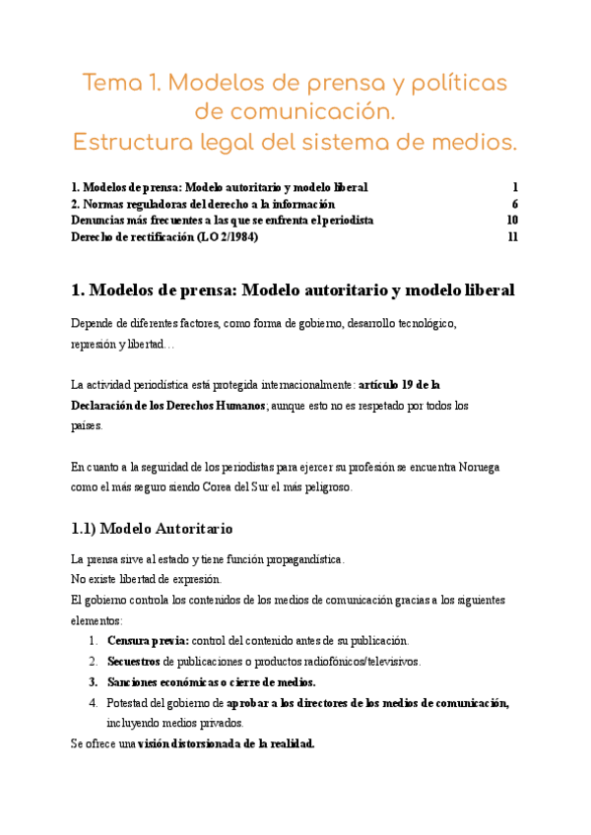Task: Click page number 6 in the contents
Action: coord(515,204)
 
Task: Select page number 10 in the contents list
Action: coord(512,220)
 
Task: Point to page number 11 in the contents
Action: coord(512,236)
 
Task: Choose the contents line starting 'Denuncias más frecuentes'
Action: coord(223,220)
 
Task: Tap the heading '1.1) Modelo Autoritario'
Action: coord(153,529)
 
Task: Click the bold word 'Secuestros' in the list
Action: coord(133,661)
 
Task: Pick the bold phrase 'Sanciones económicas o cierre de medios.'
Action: coord(211,681)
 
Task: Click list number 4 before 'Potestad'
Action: coord(94,702)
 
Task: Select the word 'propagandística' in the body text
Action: coord(295,559)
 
